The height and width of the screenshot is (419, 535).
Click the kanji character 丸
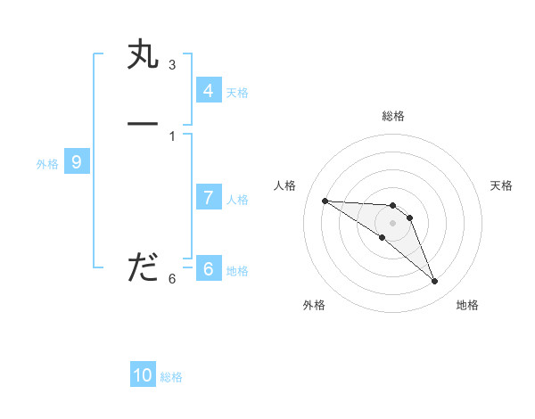coord(143,57)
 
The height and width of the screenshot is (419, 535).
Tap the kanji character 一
coord(143,123)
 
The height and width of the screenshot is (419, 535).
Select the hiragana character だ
coord(143,267)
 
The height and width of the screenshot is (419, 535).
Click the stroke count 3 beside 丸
coord(172,65)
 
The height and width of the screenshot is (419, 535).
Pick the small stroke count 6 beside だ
coord(172,279)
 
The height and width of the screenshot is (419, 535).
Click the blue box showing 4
coord(209,91)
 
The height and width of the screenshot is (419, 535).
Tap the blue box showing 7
coord(209,198)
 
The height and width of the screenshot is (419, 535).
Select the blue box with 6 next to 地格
coord(209,269)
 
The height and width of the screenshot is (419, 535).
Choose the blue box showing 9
coord(78,162)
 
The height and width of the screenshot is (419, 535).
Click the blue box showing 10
coord(143,375)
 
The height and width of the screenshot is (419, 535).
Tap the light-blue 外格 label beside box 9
coord(47,164)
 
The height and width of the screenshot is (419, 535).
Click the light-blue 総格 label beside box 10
coord(171,377)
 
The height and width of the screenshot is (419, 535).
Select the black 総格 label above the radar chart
coord(393,116)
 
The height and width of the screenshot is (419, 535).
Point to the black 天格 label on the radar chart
coord(501,185)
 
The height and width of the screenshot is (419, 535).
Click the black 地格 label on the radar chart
coord(467,305)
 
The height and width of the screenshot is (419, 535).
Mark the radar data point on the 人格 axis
coord(325,201)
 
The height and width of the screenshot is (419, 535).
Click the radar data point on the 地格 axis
coord(435,282)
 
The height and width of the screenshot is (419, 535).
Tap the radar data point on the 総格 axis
coord(393,205)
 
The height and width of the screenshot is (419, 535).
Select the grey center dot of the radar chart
coord(393,222)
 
